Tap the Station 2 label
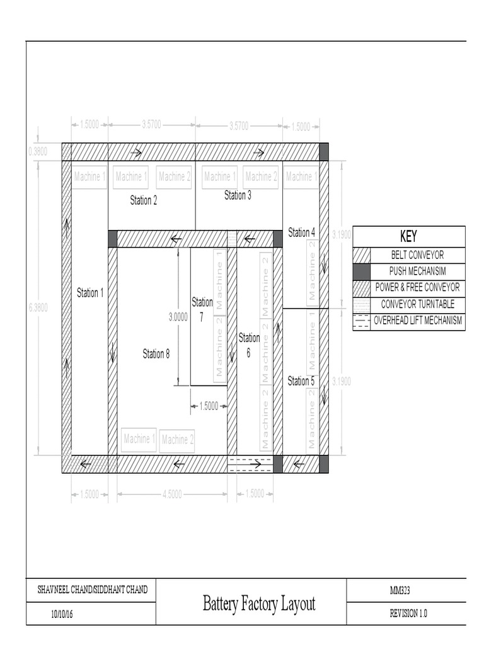144,200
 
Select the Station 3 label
238,195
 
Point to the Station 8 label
156,354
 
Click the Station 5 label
301,381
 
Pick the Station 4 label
302,232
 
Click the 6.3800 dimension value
38,307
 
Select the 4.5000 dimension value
172,494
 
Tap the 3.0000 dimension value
178,317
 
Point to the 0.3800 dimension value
38,151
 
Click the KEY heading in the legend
408,237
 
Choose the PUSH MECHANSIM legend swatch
361,271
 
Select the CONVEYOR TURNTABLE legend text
418,304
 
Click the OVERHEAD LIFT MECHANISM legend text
418,321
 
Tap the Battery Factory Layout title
259,603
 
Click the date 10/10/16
62,614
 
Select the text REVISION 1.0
408,614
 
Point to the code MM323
401,590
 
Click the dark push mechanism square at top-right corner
324,152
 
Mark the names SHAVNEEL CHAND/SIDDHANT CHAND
93,590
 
